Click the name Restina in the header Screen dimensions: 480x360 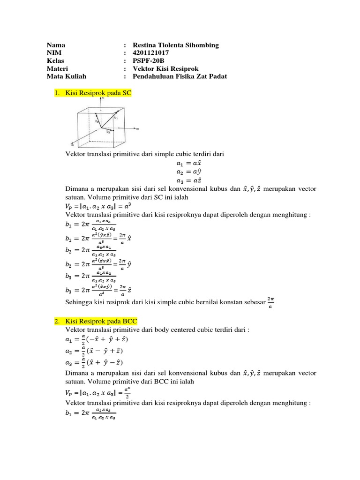pyautogui.click(x=145, y=45)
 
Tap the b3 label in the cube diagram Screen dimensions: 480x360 pyautogui.click(x=108, y=132)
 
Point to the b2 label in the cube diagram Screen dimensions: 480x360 pyautogui.click(x=97, y=121)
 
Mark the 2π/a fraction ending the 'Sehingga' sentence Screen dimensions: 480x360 pyautogui.click(x=270, y=302)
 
